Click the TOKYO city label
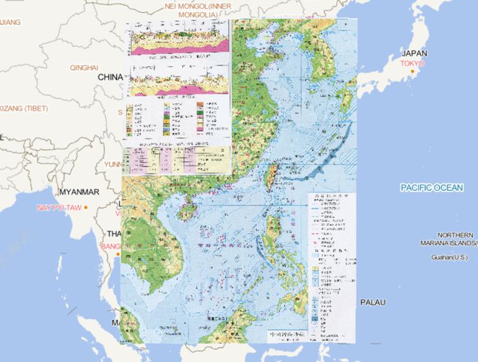(412, 63)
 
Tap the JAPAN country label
(415, 53)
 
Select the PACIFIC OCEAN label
(431, 187)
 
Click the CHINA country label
(110, 77)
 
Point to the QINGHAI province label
(84, 67)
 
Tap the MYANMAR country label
(78, 191)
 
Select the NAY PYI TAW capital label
(59, 207)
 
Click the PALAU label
(373, 302)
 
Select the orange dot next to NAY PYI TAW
(87, 207)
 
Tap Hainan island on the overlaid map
(186, 212)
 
